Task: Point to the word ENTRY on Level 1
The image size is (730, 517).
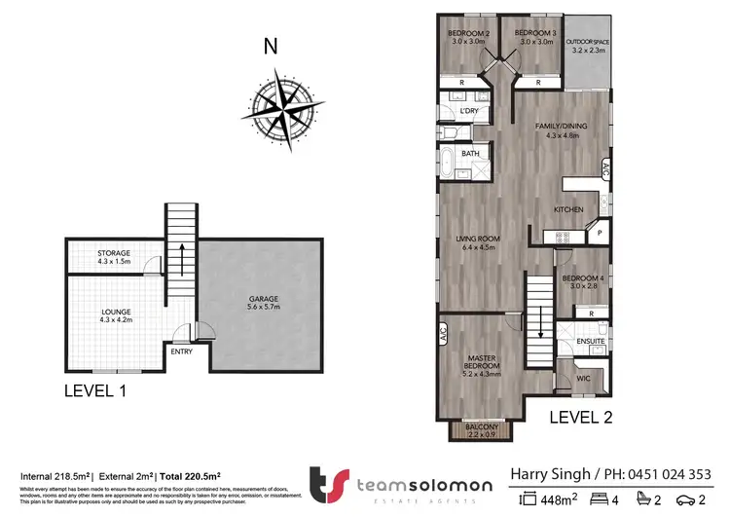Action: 180,351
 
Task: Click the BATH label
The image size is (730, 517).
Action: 470,154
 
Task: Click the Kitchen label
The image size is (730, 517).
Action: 568,209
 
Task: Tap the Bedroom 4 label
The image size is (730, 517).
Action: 583,283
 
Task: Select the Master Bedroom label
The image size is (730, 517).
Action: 483,365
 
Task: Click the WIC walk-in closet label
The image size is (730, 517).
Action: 582,378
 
